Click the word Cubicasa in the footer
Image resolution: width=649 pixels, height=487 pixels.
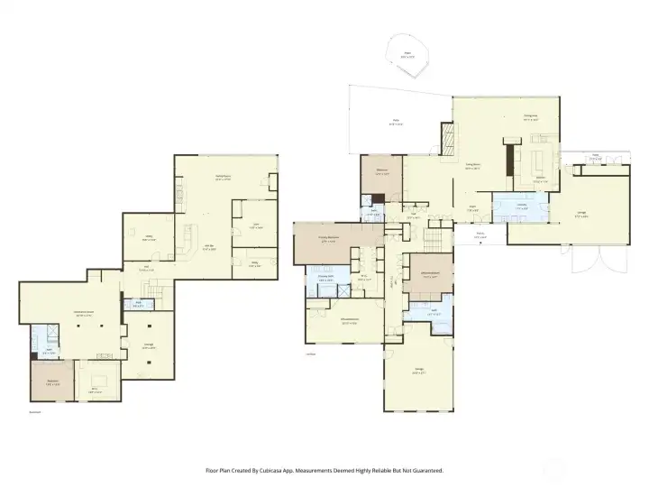pos(276,471)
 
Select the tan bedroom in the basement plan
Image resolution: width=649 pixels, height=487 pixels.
pos(53,381)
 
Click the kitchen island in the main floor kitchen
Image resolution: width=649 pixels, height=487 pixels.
pos(537,162)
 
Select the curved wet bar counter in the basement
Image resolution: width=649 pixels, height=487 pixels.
pos(187,241)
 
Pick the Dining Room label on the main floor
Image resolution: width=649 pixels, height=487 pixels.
pos(471,165)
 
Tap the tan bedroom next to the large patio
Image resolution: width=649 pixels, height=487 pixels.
pos(382,174)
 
